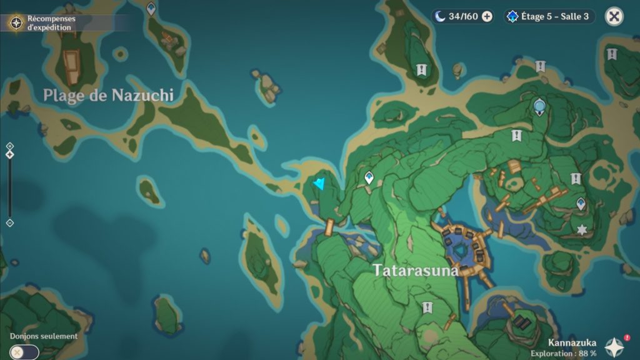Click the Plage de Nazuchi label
tap(108, 95)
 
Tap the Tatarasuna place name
tap(416, 271)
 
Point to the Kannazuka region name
tap(572, 342)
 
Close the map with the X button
tap(614, 17)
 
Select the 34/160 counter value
tap(463, 17)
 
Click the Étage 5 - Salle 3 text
tap(555, 17)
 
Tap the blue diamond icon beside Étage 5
tap(513, 17)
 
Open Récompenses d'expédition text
tap(51, 23)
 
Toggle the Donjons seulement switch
tap(24, 352)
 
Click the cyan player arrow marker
tap(320, 184)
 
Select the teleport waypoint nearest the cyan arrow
tap(369, 178)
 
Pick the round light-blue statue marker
tap(539, 107)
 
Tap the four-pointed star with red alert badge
tap(615, 346)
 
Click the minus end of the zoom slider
tap(10, 223)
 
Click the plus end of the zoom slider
tap(10, 146)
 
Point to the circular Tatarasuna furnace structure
tap(463, 249)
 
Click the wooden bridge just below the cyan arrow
tap(329, 227)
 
